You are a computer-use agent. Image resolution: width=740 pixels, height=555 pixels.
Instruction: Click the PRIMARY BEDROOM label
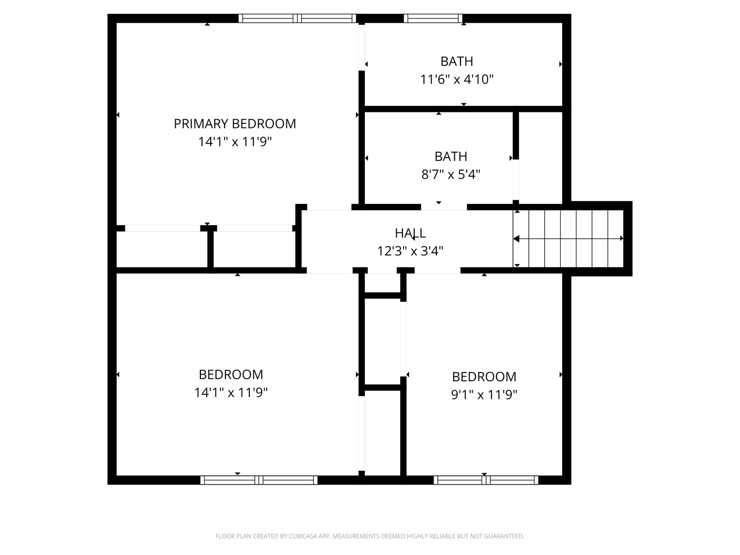click(234, 124)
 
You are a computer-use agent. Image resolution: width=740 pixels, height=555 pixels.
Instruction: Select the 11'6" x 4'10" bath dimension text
click(457, 80)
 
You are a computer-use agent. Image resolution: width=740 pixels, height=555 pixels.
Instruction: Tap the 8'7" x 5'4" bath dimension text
click(451, 175)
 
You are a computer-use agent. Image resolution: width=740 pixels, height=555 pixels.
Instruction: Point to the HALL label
click(410, 233)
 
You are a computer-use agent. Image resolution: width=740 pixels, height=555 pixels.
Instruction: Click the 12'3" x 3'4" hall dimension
click(410, 251)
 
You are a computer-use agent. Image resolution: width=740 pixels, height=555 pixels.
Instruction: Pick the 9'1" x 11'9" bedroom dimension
click(484, 395)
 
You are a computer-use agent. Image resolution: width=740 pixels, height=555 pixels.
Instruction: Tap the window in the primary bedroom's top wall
click(297, 18)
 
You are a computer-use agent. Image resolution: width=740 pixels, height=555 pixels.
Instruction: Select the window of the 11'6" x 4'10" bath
click(433, 18)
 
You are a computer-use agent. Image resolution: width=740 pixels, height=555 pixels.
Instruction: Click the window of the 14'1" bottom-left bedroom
click(259, 480)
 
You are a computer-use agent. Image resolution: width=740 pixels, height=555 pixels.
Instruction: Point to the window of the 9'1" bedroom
click(486, 480)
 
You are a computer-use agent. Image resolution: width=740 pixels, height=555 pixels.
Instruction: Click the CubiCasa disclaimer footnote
click(369, 536)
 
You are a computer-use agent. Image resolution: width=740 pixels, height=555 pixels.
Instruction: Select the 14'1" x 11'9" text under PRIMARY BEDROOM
click(234, 142)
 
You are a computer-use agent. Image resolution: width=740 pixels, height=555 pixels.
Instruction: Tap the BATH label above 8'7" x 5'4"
click(451, 156)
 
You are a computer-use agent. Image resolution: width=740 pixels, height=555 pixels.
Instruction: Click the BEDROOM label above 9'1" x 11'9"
click(484, 377)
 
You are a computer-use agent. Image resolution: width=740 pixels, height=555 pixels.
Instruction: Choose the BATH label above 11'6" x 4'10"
click(457, 61)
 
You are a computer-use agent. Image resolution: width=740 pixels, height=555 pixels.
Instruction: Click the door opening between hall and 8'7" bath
click(444, 207)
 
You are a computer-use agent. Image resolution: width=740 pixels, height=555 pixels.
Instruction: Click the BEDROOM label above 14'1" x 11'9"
click(231, 375)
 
